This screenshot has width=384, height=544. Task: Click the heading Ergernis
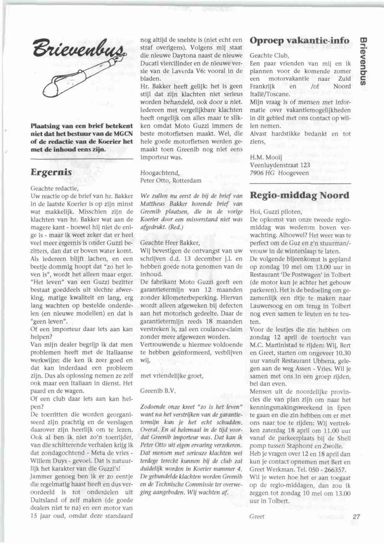(x=51, y=172)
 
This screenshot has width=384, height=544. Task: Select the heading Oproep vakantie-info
(x=299, y=40)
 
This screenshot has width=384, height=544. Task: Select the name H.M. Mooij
(x=266, y=157)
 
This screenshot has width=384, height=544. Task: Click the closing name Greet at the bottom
(x=257, y=516)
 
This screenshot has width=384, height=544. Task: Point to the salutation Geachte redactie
(x=54, y=188)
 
